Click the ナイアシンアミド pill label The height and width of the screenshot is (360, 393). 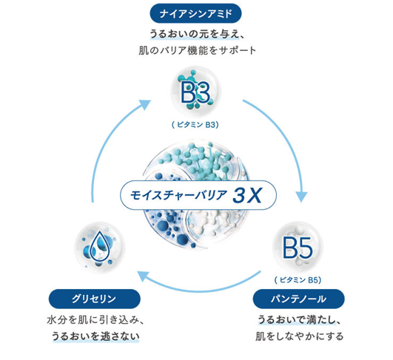pos(195,13)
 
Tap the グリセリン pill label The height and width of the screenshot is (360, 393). pos(95,299)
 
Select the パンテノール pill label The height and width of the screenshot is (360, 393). pos(298,299)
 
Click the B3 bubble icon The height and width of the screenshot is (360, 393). pos(195,91)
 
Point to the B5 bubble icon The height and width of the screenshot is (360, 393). pos(298,247)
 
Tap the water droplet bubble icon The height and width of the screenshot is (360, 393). pos(100,248)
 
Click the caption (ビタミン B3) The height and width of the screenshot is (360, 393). pos(195,125)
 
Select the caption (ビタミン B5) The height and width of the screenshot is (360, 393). pos(298,280)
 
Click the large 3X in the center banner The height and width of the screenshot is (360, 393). pos(247,195)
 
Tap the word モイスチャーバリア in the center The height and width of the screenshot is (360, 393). pos(178,195)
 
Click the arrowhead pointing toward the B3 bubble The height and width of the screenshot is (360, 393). pos(145,104)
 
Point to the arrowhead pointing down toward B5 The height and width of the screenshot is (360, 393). pos(301,197)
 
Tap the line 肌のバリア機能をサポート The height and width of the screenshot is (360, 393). pos(197,50)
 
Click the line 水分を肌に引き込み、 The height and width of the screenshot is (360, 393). pos(95,320)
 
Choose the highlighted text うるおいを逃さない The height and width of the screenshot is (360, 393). pos(95,336)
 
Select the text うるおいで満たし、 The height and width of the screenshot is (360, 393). pos(299,320)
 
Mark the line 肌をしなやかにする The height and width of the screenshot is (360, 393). pos(300,336)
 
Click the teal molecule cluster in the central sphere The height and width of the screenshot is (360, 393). pos(198,160)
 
